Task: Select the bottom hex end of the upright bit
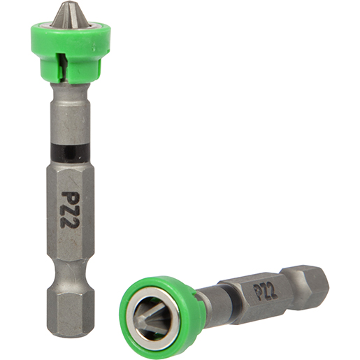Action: (72, 308)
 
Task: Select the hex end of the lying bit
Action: (315, 280)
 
